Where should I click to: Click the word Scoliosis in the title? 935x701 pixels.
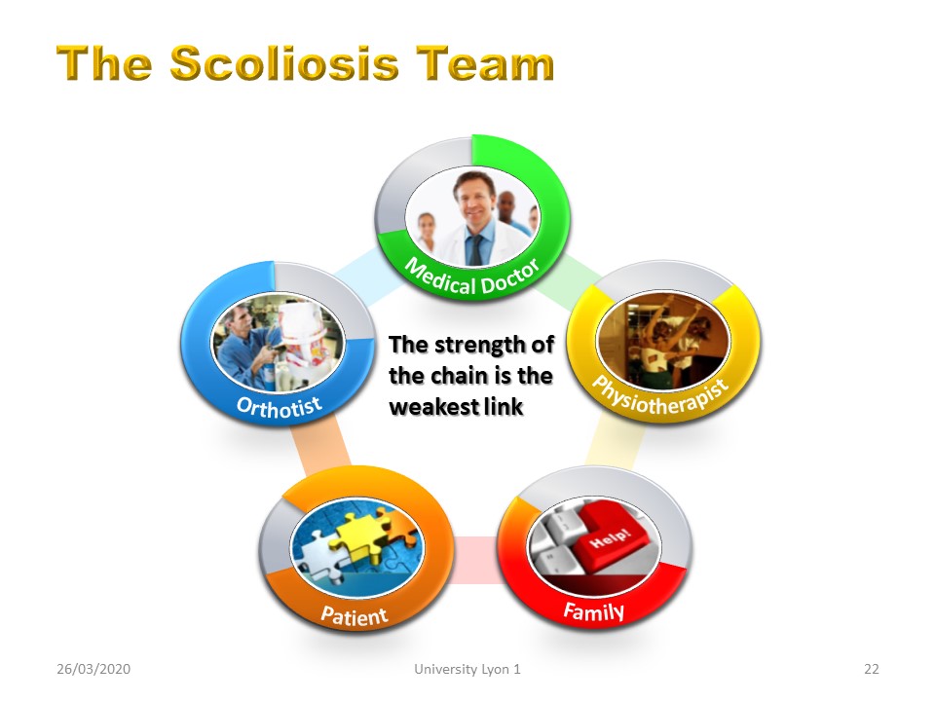click(x=284, y=62)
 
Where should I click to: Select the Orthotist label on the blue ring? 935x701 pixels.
click(x=280, y=407)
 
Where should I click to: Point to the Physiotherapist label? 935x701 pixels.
click(x=660, y=396)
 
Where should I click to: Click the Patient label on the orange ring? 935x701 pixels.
click(x=355, y=615)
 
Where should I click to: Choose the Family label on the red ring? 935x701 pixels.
click(x=594, y=611)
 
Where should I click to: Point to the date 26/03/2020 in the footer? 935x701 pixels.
click(x=93, y=669)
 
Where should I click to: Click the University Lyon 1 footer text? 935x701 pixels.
click(x=467, y=669)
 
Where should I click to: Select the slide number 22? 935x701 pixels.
click(x=871, y=669)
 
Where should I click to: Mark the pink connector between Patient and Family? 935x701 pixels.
click(x=476, y=559)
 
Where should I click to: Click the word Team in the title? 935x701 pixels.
click(x=485, y=62)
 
